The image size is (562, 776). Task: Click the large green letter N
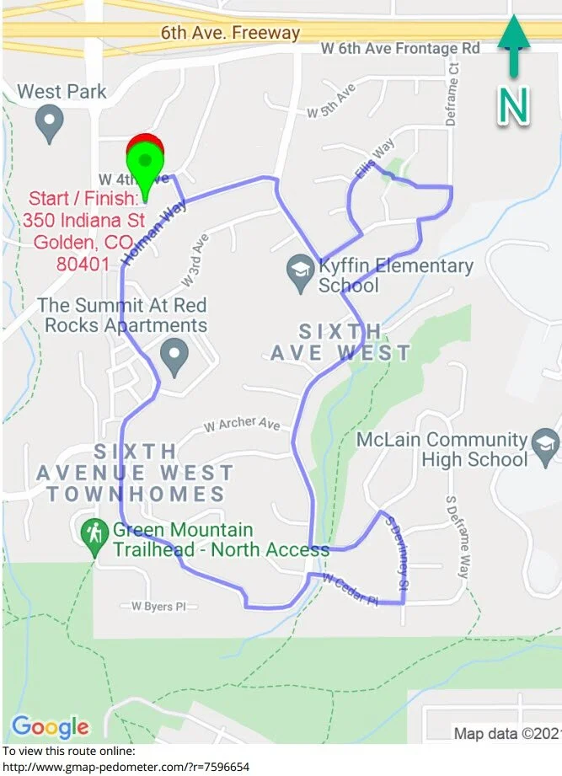click(514, 105)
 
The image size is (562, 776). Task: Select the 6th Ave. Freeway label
click(230, 33)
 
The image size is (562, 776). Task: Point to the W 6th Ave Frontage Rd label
click(400, 49)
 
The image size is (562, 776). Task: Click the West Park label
click(62, 91)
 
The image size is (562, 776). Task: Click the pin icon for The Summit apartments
click(174, 357)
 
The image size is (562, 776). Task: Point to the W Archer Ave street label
click(242, 424)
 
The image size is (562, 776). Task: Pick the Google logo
click(50, 726)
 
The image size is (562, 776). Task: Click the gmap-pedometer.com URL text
click(126, 767)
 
